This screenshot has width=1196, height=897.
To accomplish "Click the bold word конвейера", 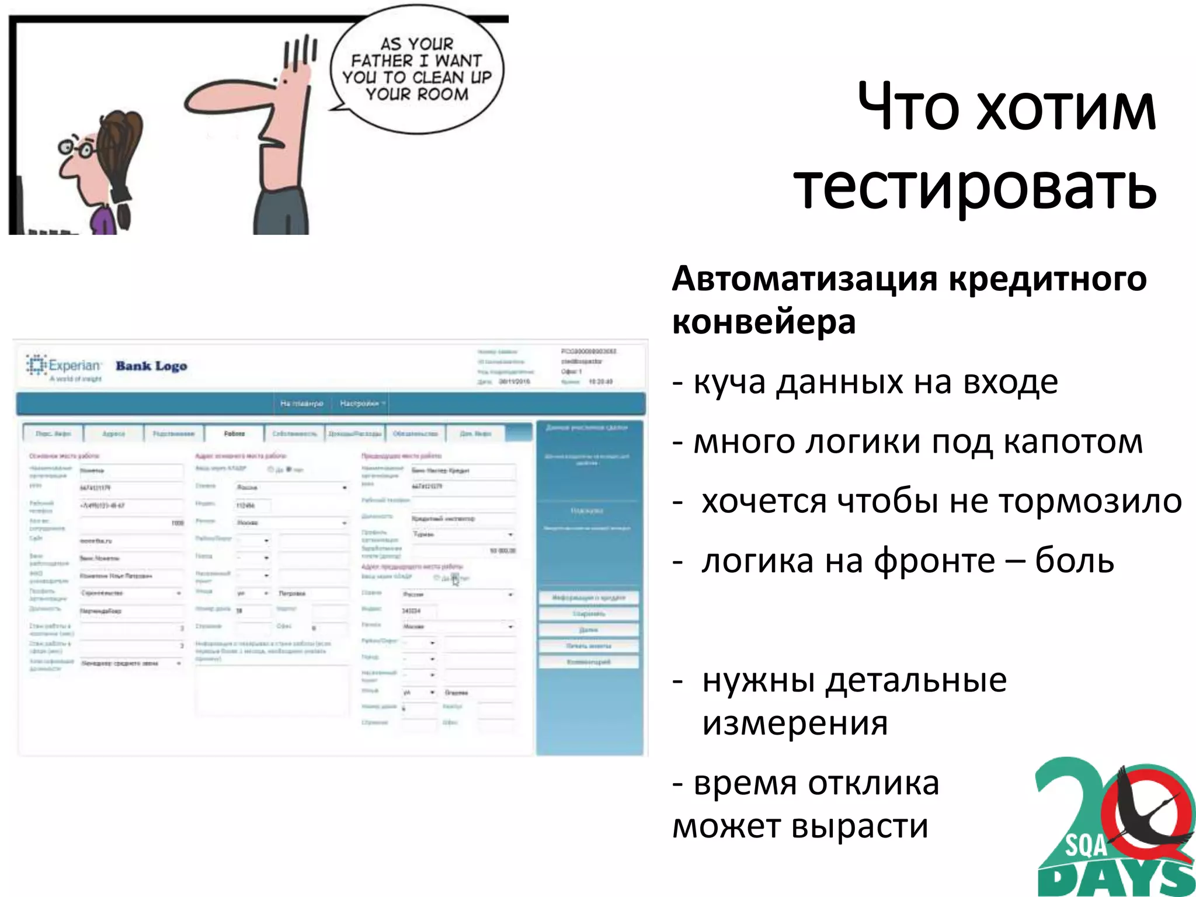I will (764, 322).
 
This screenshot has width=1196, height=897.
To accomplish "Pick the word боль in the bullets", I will (1075, 561).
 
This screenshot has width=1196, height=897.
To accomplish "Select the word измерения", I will (795, 723).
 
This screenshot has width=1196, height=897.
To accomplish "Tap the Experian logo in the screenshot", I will (64, 367).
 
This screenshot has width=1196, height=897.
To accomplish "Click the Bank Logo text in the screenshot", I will (151, 366).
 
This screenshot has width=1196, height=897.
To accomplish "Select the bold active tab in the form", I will (234, 434).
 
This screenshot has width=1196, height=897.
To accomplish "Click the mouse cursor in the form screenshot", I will (456, 580).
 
